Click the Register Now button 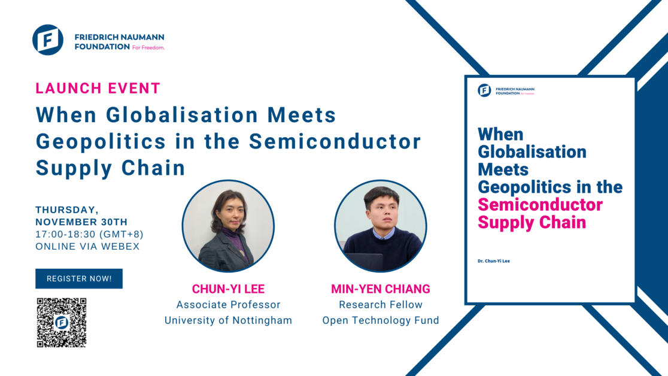[79, 278]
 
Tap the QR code [62, 323]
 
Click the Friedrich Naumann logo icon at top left [48, 40]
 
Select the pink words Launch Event [98, 89]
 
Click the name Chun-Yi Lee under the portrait [228, 289]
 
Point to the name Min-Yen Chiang [381, 289]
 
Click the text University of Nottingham [228, 320]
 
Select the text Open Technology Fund [381, 320]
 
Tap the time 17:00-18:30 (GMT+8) [89, 234]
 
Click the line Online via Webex [87, 246]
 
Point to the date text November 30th [81, 222]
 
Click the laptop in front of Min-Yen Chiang [365, 262]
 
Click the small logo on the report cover [484, 90]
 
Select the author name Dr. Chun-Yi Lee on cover [494, 261]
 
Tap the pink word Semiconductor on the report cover [540, 205]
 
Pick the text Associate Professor [228, 305]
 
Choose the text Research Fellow [381, 305]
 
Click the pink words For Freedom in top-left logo [148, 47]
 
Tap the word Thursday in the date [66, 210]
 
